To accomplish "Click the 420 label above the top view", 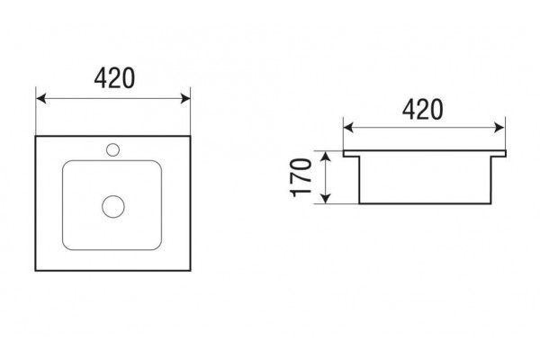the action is tap(114, 78).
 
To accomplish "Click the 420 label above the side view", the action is tap(422, 110).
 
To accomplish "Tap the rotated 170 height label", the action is tap(301, 177).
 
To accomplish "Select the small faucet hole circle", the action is tap(113, 150).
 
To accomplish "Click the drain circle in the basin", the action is tap(113, 206).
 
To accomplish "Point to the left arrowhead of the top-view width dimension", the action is tap(41, 98).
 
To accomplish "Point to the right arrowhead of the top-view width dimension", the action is tap(185, 98).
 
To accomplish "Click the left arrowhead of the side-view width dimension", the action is tap(348, 128).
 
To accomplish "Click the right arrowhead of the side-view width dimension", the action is tap(499, 128).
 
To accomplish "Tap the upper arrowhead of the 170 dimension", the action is tap(326, 157).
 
